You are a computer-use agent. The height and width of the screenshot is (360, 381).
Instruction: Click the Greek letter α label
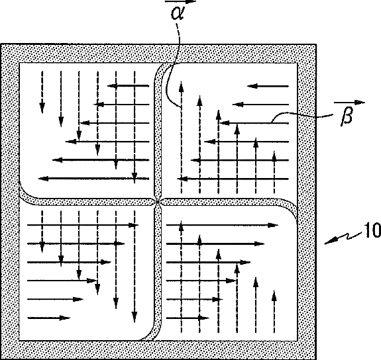coord(178,13)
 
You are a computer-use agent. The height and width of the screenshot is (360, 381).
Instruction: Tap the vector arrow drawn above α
coord(180,1)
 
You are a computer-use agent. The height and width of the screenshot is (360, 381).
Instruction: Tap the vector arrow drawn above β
coord(350,103)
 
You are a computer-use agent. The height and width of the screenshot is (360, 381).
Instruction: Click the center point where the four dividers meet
coord(158,202)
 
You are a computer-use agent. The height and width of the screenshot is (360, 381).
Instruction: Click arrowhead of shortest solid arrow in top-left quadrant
coord(113,85)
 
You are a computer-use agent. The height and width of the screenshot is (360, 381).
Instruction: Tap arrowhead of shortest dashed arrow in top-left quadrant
coord(42,108)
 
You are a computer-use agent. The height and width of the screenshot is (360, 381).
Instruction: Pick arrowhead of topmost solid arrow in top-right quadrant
coord(252,86)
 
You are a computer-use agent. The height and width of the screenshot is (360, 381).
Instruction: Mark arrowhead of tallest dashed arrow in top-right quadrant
coord(181,87)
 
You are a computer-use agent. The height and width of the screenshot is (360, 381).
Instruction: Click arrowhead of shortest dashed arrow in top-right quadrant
coord(274,156)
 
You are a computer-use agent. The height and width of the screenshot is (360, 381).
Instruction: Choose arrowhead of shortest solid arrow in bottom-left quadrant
coord(65,318)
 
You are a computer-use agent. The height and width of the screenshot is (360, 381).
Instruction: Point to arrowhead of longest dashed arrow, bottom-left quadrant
coord(135,317)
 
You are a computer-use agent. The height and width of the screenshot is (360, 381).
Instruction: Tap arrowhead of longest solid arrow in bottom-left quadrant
coord(133,225)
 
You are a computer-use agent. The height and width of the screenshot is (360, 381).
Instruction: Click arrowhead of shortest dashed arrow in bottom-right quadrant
coord(274,296)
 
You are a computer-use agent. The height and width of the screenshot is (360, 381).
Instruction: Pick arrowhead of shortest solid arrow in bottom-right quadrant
coord(203,318)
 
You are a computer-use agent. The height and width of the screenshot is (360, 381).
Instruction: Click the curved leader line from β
coord(301,115)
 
